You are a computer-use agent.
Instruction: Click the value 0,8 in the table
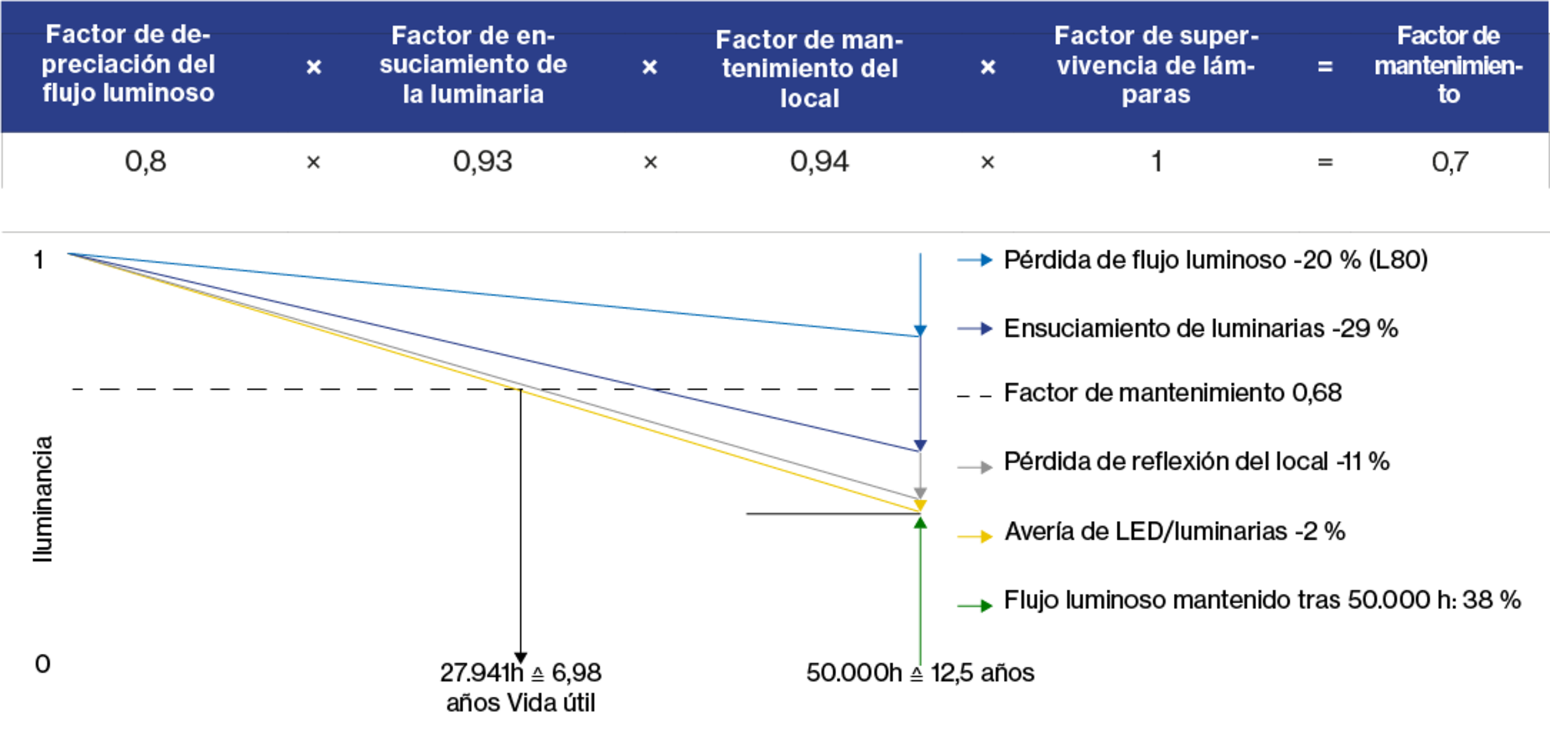[145, 162]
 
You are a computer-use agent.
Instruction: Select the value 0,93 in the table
[482, 162]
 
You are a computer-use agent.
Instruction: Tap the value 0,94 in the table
[819, 162]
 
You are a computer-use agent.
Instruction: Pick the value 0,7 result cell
[1449, 162]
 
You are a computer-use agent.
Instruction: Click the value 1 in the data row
[1157, 162]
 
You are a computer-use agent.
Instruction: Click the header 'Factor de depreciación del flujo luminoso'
[128, 64]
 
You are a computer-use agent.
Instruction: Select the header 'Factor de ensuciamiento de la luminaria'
[473, 65]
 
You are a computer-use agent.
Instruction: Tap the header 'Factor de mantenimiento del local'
[810, 69]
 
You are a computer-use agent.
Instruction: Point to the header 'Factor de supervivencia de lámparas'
[1156, 65]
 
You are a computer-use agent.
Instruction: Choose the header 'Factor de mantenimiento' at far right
[1448, 65]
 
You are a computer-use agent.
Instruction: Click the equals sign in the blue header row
[1325, 66]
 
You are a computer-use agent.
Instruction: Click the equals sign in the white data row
[1325, 162]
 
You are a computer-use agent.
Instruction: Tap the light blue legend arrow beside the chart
[975, 260]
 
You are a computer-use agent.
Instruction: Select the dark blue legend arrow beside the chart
[975, 328]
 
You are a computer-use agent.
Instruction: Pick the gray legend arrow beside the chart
[975, 468]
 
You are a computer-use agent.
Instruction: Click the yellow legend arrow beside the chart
[975, 537]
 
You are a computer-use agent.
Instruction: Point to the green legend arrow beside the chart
[975, 606]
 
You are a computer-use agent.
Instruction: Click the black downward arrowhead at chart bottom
[521, 658]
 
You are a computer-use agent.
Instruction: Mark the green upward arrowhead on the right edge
[921, 523]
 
